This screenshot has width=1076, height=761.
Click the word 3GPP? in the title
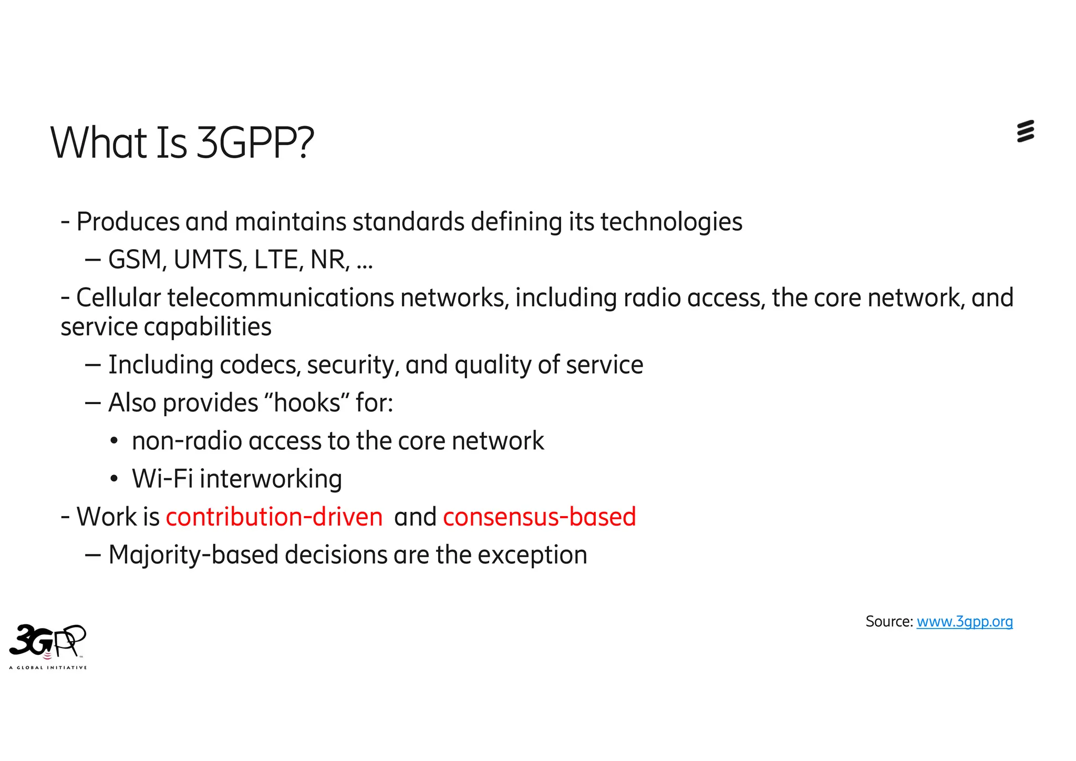click(255, 143)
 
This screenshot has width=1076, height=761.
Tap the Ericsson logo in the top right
click(1025, 131)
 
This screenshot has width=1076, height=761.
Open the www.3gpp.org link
click(965, 622)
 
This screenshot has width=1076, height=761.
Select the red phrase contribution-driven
click(274, 517)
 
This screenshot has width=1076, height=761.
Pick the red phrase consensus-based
click(540, 517)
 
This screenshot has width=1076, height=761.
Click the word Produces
click(128, 222)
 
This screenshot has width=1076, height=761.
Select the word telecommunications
click(281, 298)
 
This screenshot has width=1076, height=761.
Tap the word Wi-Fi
click(162, 479)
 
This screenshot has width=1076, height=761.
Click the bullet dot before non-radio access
click(114, 441)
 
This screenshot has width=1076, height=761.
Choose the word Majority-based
click(193, 555)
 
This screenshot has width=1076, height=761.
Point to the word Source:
click(889, 622)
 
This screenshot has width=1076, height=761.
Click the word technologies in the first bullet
click(671, 222)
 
